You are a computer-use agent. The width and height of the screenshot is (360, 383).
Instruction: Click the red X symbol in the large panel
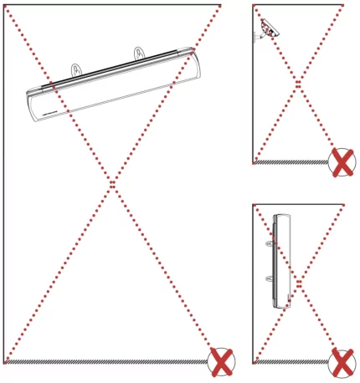pos(221,362)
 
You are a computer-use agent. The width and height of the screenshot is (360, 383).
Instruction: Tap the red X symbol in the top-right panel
pos(342,162)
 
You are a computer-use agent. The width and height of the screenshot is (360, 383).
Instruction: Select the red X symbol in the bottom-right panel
pos(342,363)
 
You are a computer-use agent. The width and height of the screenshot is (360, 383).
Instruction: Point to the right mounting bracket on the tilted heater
pos(138,54)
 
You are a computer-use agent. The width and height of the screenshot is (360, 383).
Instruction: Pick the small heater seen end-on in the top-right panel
pos(269,29)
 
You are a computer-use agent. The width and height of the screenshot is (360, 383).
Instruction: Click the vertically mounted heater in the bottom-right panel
pos(280,260)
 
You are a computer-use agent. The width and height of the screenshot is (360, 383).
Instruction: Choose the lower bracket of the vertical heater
pos(269,277)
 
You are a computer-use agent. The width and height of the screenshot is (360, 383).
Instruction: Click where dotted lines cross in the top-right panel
pos(297,83)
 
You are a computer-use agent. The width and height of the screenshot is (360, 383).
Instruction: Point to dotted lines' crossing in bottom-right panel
pos(297,283)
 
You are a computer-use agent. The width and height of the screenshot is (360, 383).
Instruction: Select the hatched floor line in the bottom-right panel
pos(289,363)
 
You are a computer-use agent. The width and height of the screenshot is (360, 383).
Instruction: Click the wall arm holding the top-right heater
pos(259,35)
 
